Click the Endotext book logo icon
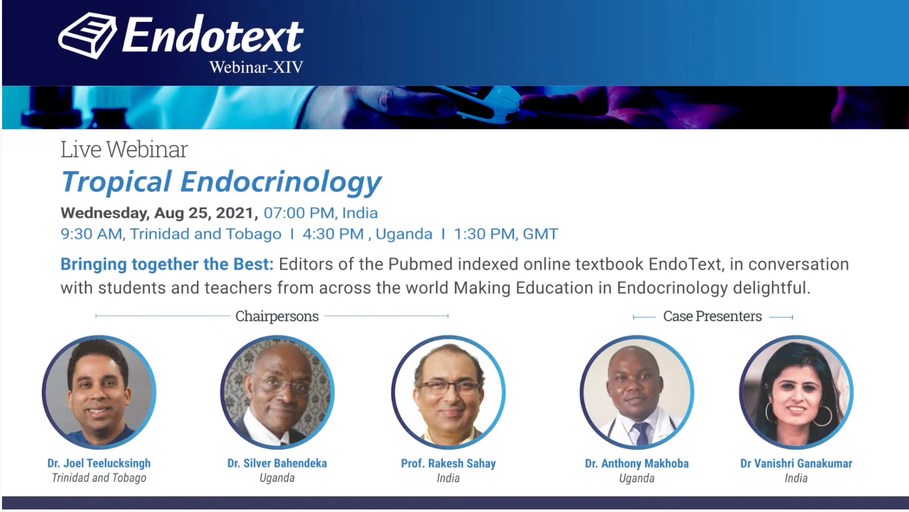pyautogui.click(x=87, y=36)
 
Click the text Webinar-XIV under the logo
pyautogui.click(x=256, y=67)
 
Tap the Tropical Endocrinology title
pyautogui.click(x=221, y=182)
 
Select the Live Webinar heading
pyautogui.click(x=124, y=149)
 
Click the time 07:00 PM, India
pyautogui.click(x=320, y=213)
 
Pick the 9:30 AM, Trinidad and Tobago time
pyautogui.click(x=171, y=234)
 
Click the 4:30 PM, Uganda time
pyautogui.click(x=367, y=234)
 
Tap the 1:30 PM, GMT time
pyautogui.click(x=506, y=234)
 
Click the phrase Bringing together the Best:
pyautogui.click(x=167, y=264)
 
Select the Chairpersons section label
pyautogui.click(x=277, y=316)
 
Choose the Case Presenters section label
pyautogui.click(x=712, y=316)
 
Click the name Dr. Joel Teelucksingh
pyautogui.click(x=99, y=463)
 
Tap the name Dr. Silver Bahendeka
pyautogui.click(x=277, y=463)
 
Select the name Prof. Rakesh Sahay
pyautogui.click(x=448, y=463)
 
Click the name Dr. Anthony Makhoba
pyautogui.click(x=637, y=463)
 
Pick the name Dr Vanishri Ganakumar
pyautogui.click(x=796, y=463)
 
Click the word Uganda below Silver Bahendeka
pyautogui.click(x=277, y=478)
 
